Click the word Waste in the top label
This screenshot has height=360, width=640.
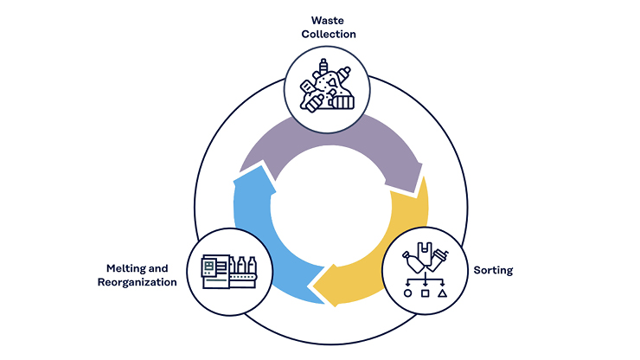click(327, 21)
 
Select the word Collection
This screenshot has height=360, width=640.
click(329, 34)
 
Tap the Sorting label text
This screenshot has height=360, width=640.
click(493, 271)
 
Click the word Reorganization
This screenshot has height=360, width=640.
click(138, 282)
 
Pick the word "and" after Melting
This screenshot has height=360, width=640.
click(158, 268)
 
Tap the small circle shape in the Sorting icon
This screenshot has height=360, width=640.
click(407, 293)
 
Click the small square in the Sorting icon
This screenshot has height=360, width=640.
click(425, 293)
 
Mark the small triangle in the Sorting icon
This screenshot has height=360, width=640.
click(443, 293)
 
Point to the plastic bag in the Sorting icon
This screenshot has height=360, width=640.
click(425, 253)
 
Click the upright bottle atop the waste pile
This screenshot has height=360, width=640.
click(323, 67)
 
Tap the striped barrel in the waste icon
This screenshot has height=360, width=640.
click(343, 102)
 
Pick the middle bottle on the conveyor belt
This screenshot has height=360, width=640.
click(241, 265)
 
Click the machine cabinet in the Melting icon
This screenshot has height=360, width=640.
click(215, 272)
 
